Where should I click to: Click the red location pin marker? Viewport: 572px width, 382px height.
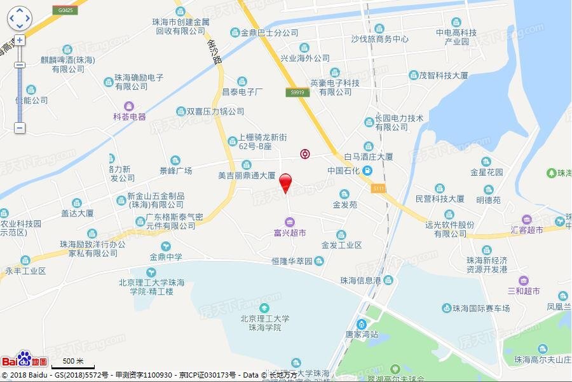[286, 182]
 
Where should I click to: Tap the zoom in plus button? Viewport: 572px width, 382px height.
[20, 39]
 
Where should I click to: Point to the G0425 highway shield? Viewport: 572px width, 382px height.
[64, 11]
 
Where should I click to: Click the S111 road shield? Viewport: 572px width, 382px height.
[379, 188]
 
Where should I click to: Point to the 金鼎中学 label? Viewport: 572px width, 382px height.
[166, 257]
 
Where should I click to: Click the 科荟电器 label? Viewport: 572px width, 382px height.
[130, 117]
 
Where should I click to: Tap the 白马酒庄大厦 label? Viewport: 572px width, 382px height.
[369, 157]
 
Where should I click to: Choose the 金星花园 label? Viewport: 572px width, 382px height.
[487, 172]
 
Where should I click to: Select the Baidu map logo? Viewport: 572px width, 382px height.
[24, 360]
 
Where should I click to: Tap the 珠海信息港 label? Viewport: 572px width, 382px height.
[360, 279]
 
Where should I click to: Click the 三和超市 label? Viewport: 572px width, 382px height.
[524, 291]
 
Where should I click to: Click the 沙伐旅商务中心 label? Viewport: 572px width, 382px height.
[379, 38]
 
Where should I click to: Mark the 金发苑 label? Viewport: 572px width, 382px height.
[344, 205]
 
